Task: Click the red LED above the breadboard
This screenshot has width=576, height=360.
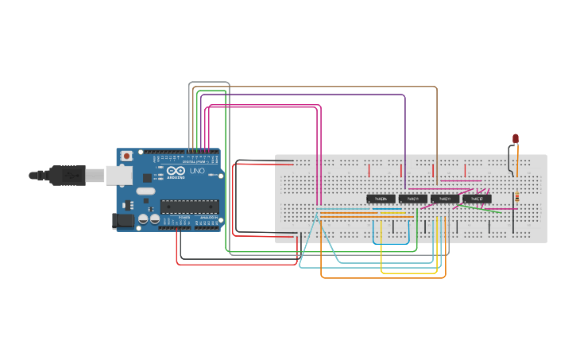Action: point(516,138)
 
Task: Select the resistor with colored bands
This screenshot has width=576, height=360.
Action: point(517,197)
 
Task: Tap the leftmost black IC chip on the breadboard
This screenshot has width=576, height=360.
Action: point(381,199)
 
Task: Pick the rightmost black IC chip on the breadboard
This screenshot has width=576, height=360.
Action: point(477,199)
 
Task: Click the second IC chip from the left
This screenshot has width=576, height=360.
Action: point(413,199)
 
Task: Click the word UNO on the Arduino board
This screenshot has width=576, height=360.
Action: point(196,171)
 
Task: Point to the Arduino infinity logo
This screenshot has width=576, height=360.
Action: point(176,171)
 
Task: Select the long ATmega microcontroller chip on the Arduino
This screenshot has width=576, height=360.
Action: point(189,207)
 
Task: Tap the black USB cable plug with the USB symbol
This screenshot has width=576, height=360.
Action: point(68,175)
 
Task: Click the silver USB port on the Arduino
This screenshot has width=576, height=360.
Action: point(119,175)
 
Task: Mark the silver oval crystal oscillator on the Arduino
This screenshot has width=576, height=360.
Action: point(145,191)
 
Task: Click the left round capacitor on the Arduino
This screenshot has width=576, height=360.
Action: point(144,219)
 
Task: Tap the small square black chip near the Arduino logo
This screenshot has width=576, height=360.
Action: point(148,178)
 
